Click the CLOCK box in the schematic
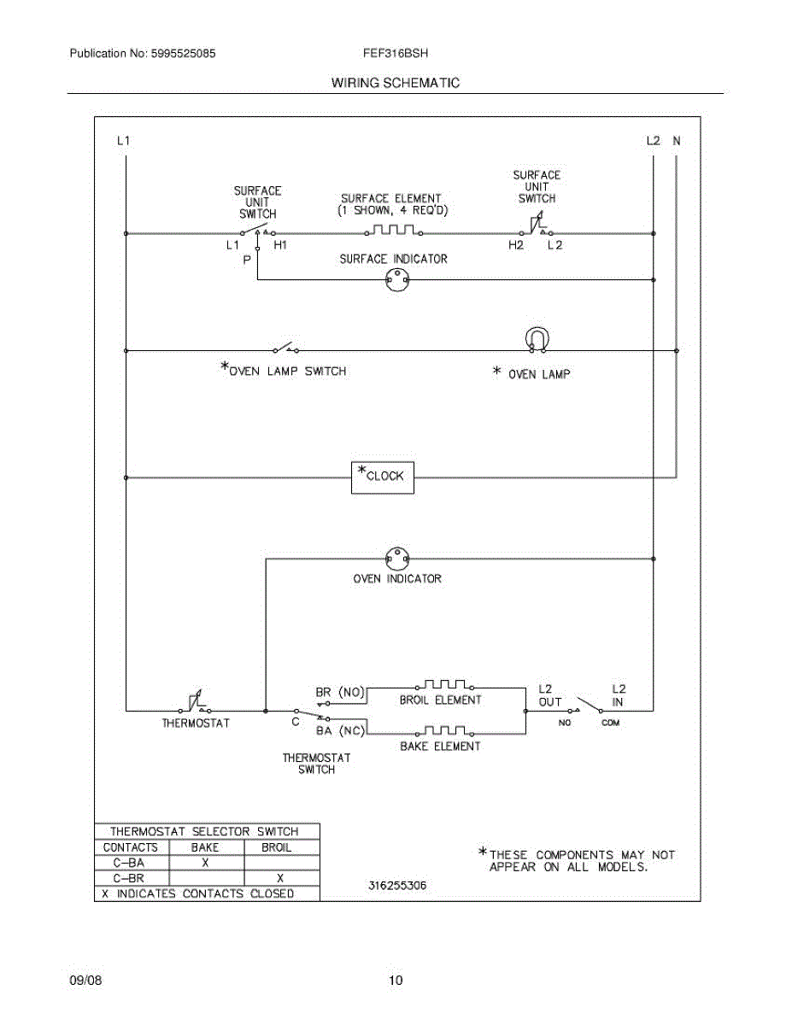pyautogui.click(x=382, y=477)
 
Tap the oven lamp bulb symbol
pyautogui.click(x=537, y=339)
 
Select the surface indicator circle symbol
pyautogui.click(x=395, y=280)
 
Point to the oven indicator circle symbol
pyautogui.click(x=395, y=559)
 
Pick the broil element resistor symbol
pyautogui.click(x=443, y=685)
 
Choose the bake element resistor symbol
pyautogui.click(x=443, y=731)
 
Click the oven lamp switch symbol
pyautogui.click(x=285, y=348)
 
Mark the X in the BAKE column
pyautogui.click(x=205, y=863)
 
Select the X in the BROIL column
pyautogui.click(x=280, y=878)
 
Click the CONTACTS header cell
pyautogui.click(x=131, y=847)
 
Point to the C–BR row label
pyautogui.click(x=130, y=878)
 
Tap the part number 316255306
pyautogui.click(x=397, y=886)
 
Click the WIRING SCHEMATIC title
pyautogui.click(x=395, y=83)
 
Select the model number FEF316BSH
pyautogui.click(x=395, y=53)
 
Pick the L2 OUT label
pyautogui.click(x=549, y=695)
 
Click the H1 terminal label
pyautogui.click(x=280, y=245)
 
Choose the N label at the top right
pyautogui.click(x=676, y=141)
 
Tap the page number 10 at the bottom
pyautogui.click(x=395, y=981)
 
